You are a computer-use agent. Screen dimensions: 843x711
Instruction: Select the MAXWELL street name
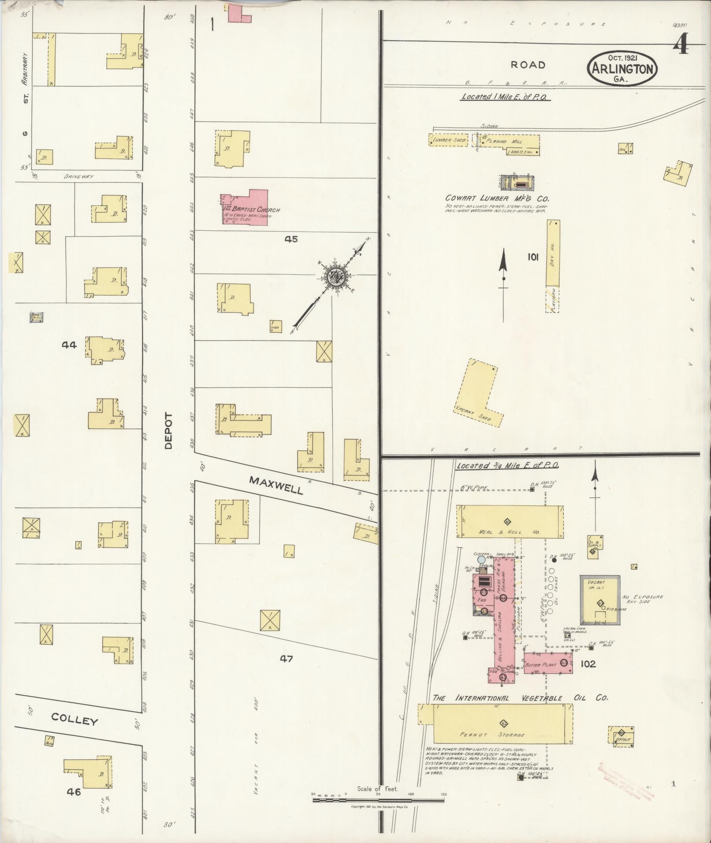[x=276, y=485]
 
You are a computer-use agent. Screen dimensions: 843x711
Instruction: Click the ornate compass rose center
[x=338, y=276]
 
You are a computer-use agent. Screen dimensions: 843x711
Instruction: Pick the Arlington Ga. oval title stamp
[x=622, y=68]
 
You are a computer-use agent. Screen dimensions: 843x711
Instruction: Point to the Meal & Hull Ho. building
[x=510, y=522]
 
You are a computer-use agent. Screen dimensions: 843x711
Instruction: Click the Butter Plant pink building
[x=547, y=664]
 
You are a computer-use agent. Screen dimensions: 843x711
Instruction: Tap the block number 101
[x=533, y=257]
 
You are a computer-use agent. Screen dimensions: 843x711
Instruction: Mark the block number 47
[x=286, y=659]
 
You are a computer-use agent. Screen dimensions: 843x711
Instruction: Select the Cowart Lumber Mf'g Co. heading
[x=497, y=198]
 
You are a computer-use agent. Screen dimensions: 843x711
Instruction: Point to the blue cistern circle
[x=481, y=560]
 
